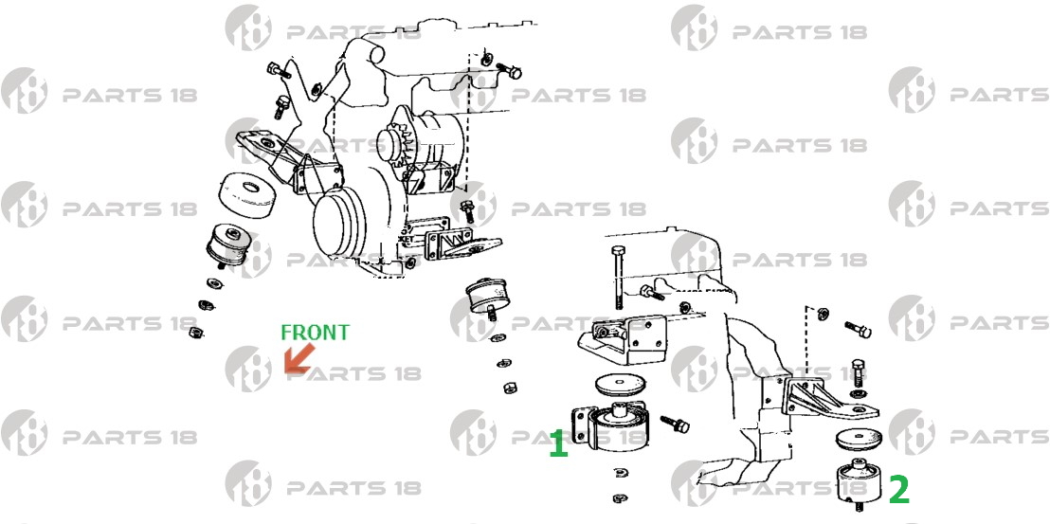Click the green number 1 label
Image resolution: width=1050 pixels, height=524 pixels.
point(558,444)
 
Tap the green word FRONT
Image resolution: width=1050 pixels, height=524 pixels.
point(315,333)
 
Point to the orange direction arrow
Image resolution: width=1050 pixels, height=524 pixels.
point(299,358)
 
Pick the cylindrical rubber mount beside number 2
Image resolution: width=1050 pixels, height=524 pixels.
point(858,481)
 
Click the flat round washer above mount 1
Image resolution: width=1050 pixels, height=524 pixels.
point(620,384)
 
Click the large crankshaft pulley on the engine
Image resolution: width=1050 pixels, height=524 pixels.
point(339,225)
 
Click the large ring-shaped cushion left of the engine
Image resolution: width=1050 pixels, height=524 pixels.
point(245,194)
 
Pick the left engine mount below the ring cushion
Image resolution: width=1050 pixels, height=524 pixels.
point(227,244)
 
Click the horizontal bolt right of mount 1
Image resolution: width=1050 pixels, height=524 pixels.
point(675,423)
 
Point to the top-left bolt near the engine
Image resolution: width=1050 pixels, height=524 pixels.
point(279,69)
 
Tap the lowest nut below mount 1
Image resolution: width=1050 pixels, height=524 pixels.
point(620,497)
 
